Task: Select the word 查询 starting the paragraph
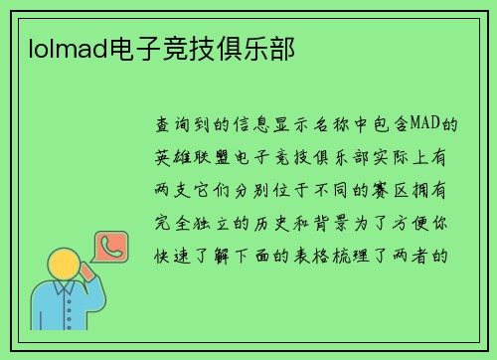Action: [x=173, y=125]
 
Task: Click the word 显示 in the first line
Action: [x=287, y=125]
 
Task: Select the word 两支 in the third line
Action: [x=173, y=189]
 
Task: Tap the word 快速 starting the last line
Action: [x=173, y=253]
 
